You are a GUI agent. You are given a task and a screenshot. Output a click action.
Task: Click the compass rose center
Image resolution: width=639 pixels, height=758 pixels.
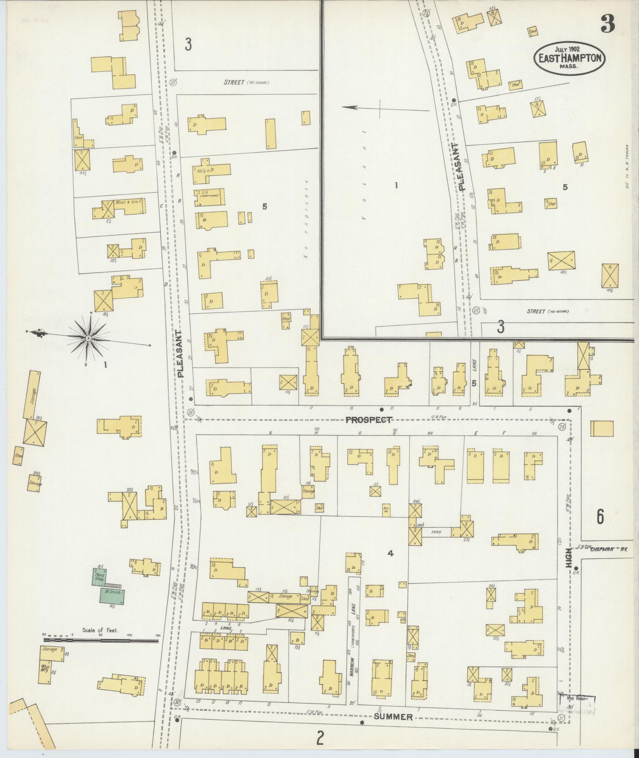pos(88,338)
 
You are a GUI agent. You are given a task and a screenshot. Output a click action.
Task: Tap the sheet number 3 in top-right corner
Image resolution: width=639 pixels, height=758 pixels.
pos(607,25)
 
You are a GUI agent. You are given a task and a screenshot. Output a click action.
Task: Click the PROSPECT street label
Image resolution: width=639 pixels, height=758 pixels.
pos(369,420)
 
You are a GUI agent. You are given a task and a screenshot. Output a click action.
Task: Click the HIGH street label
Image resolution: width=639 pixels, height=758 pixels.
pos(569,559)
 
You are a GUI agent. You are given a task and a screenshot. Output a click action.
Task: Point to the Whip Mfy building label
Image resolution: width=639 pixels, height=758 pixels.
pos(45,667)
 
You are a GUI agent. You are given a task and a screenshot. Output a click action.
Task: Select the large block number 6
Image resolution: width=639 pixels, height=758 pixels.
pos(600,516)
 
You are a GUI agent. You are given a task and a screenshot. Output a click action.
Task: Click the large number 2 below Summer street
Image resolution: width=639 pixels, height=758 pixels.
pos(320,738)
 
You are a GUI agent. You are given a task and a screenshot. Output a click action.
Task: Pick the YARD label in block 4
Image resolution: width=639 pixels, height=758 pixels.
pos(436,532)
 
